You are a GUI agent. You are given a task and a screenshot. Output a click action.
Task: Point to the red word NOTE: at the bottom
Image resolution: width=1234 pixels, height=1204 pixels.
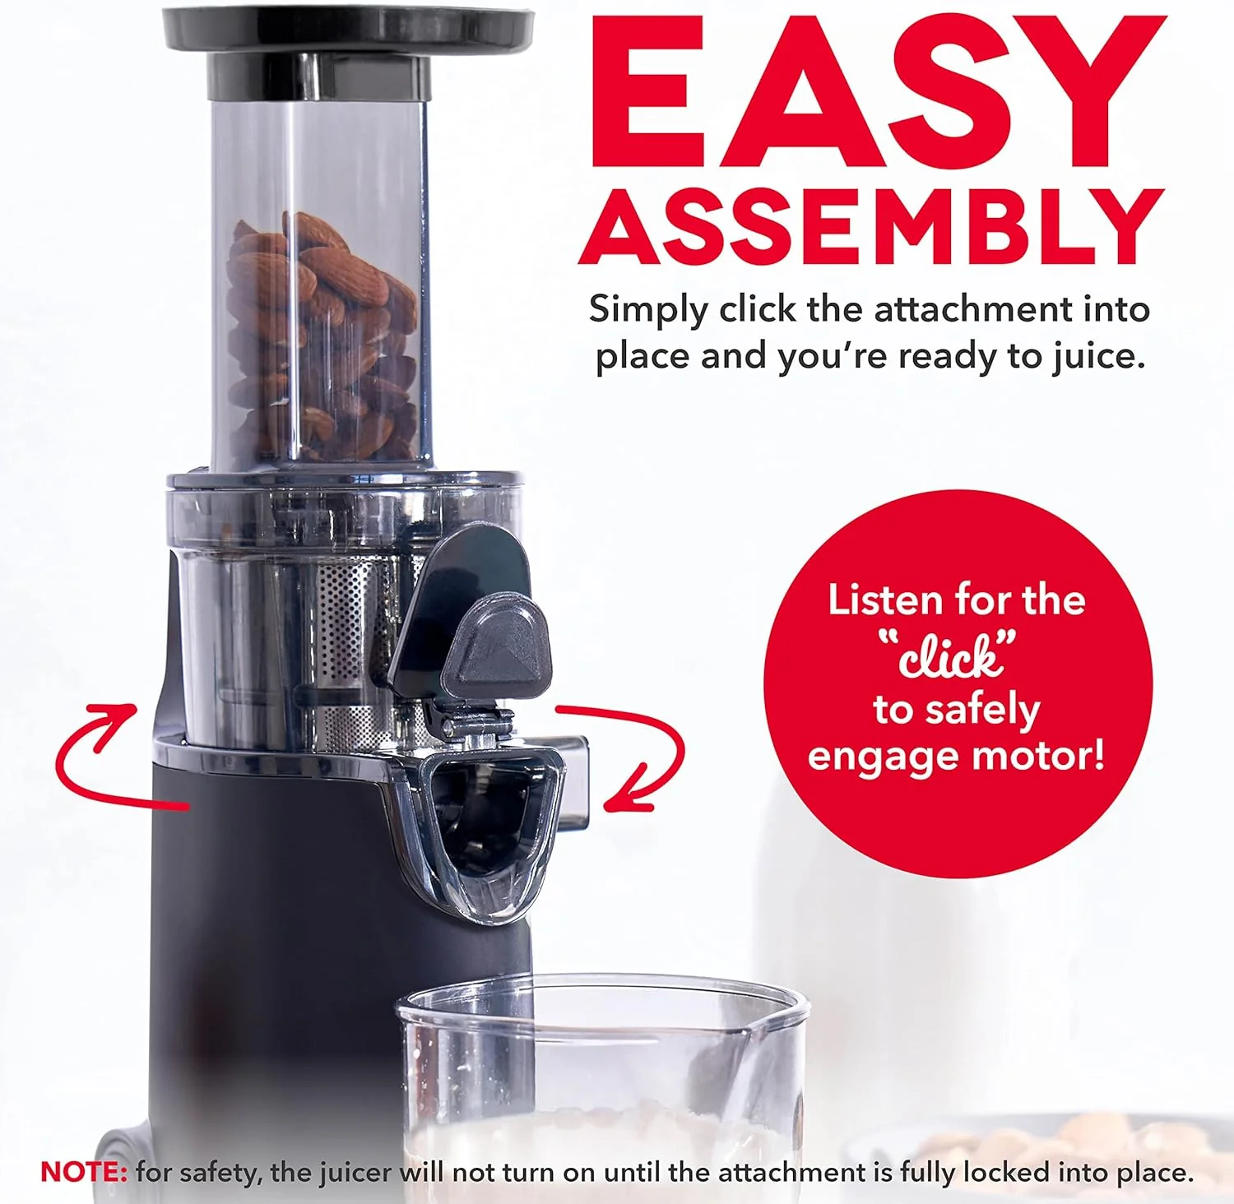(83, 1172)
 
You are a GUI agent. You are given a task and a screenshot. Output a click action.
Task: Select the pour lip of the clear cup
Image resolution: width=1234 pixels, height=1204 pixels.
(773, 1020)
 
